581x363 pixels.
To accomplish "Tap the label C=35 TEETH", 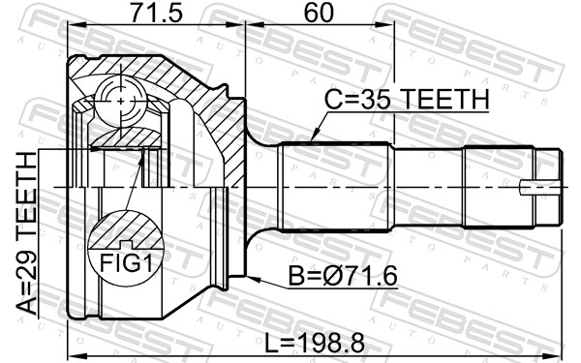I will pos(408,100).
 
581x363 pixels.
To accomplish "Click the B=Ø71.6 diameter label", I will pos(345,277).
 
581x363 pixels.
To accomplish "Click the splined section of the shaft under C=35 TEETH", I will pos(334,184).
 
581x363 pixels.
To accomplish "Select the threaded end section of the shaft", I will pos(499,184).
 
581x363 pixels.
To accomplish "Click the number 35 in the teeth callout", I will pos(382,100).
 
